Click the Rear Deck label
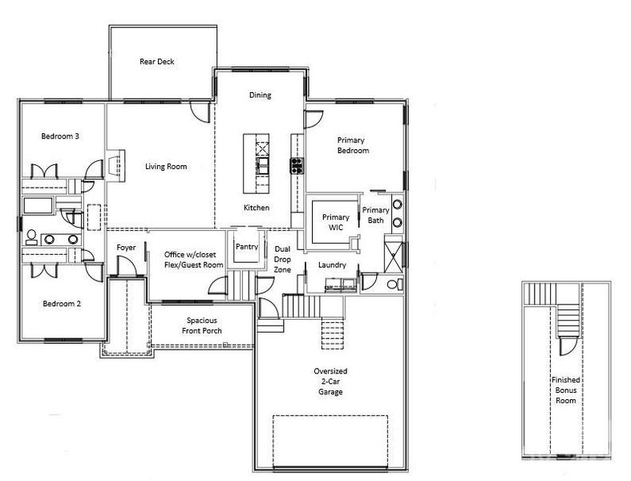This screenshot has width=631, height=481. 156,62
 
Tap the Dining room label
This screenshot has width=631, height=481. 260,95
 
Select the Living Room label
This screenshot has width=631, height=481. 166,167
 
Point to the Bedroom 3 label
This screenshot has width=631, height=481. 59,136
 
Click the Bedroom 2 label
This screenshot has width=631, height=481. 61,304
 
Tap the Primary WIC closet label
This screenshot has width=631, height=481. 335,223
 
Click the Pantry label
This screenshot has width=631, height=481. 246,247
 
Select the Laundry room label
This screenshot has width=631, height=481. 331,264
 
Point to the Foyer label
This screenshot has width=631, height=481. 127,248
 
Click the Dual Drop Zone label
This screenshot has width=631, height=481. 282,260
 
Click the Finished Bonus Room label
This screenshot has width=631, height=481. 565,390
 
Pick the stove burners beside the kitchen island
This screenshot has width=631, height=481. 296,165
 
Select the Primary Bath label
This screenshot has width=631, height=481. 376,215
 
